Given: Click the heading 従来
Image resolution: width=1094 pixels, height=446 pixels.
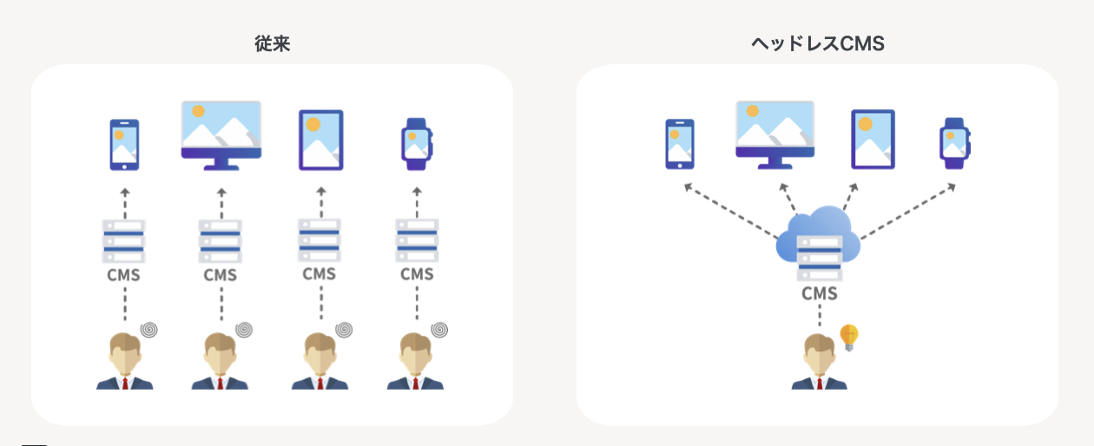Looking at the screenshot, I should (272, 44).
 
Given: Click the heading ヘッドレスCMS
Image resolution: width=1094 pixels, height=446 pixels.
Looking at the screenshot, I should (817, 44).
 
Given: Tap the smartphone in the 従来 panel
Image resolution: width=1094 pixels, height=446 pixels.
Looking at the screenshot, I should (124, 144).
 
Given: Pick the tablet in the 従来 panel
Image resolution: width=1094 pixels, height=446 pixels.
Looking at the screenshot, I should (320, 140).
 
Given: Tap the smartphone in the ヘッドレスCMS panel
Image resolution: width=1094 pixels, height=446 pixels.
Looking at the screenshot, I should (679, 144).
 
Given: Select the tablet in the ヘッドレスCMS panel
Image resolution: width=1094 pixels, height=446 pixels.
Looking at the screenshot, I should (873, 139).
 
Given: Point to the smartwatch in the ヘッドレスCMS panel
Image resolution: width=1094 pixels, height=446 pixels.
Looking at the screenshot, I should (954, 143).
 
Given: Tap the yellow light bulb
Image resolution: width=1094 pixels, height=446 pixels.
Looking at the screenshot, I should (848, 337).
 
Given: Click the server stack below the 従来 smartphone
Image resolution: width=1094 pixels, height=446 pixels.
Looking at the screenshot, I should (123, 241).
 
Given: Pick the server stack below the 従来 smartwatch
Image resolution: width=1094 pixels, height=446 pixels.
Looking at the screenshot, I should (417, 240).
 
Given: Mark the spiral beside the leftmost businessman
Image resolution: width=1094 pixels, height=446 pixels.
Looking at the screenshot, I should (149, 330).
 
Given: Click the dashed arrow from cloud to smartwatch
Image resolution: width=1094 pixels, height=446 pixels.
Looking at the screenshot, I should (907, 212).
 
